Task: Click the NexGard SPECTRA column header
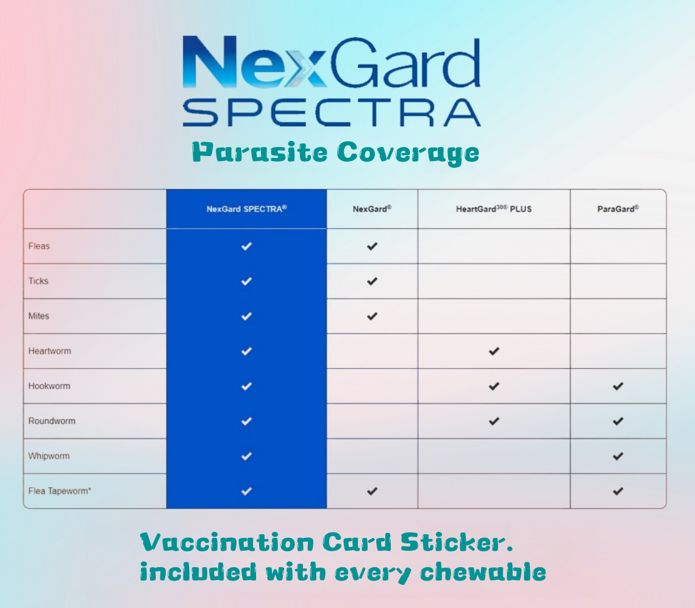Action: pos(246,209)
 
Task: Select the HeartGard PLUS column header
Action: pos(494,209)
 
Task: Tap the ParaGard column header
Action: pos(618,209)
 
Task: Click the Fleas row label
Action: pos(39,246)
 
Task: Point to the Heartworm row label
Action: pos(49,351)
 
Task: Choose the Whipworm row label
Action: pos(49,456)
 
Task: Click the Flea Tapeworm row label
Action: pos(60,491)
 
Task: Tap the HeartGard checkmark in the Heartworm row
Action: pos(494,351)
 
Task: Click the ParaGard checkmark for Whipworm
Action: pos(618,456)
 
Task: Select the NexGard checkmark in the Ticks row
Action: pos(372,281)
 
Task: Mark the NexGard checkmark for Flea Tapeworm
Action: pos(372,491)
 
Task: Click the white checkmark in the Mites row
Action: pos(246,317)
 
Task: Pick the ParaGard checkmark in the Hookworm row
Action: pos(618,386)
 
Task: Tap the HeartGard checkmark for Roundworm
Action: pos(494,421)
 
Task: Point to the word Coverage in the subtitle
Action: pos(408,152)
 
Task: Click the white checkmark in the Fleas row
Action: pos(246,246)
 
